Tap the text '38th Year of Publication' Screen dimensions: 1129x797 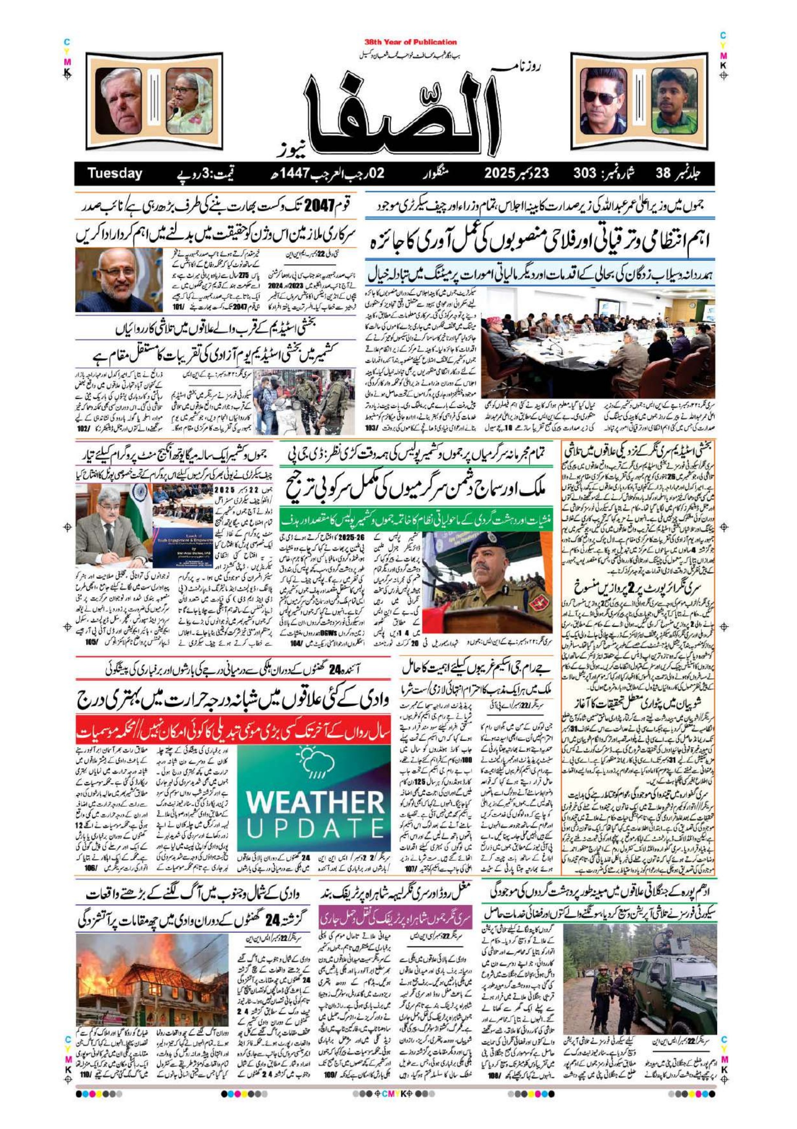pos(411,42)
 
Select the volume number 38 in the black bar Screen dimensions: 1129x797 pos(666,173)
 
